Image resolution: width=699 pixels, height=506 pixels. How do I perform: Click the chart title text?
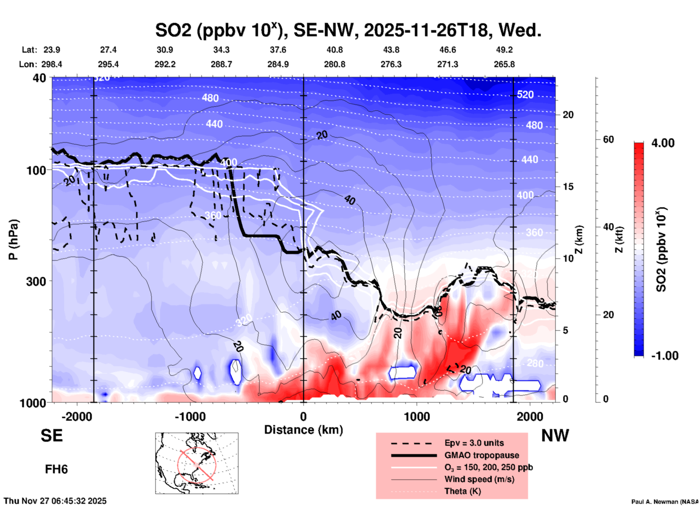click(348, 30)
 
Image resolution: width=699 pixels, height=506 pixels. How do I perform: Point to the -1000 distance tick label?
click(190, 416)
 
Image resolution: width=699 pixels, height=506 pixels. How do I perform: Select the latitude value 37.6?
click(278, 50)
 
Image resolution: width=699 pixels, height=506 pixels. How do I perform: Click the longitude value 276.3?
click(391, 64)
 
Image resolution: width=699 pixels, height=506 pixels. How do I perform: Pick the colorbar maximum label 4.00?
click(663, 143)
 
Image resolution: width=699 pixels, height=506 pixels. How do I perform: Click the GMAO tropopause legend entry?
click(482, 455)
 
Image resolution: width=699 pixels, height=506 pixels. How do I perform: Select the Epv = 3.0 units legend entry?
click(474, 443)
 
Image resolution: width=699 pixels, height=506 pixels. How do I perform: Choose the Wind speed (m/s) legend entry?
click(479, 479)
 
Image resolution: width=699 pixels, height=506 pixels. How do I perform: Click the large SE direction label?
click(52, 436)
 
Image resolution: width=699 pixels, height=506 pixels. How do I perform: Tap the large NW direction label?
click(555, 436)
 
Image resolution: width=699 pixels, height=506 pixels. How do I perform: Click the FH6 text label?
click(56, 469)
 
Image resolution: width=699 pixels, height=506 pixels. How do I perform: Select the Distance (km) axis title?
click(303, 430)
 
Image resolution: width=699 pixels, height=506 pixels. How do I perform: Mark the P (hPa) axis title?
click(13, 240)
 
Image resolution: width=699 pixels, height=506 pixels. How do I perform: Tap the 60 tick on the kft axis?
click(608, 139)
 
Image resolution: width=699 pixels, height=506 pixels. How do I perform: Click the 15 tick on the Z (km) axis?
click(568, 187)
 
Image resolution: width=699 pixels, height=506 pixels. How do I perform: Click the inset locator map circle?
click(197, 465)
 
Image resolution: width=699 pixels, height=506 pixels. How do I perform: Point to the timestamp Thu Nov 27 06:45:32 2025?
click(55, 501)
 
